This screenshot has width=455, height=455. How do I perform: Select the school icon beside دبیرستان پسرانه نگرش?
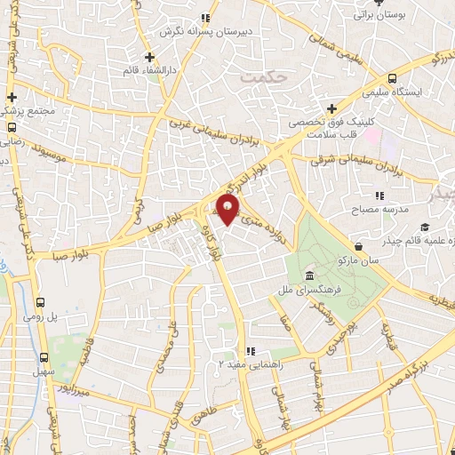pyautogui.click(x=205, y=18)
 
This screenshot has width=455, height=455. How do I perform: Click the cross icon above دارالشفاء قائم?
pyautogui.click(x=149, y=58)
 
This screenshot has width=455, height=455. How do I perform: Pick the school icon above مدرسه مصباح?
pyautogui.click(x=379, y=195)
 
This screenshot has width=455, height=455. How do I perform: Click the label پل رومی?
pyautogui.click(x=64, y=315)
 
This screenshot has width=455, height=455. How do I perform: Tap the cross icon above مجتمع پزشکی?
pyautogui.click(x=12, y=97)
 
